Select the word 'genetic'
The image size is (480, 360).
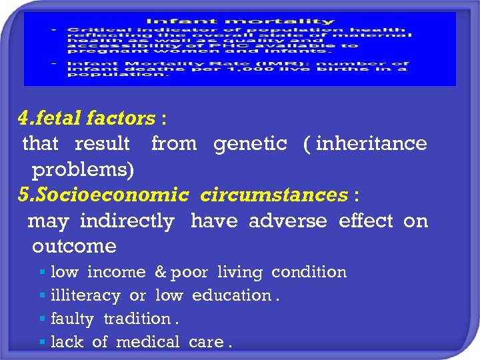[250, 143]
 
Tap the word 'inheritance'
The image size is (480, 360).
[371, 143]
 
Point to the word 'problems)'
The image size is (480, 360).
[83, 169]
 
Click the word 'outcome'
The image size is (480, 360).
[74, 246]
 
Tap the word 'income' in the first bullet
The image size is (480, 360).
[116, 272]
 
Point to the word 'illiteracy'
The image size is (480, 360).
[85, 295]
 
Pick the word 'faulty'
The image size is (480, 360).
[72, 319]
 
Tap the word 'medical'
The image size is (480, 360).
[147, 342]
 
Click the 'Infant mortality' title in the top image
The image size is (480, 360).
[240, 21]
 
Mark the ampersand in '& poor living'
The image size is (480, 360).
[160, 272]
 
